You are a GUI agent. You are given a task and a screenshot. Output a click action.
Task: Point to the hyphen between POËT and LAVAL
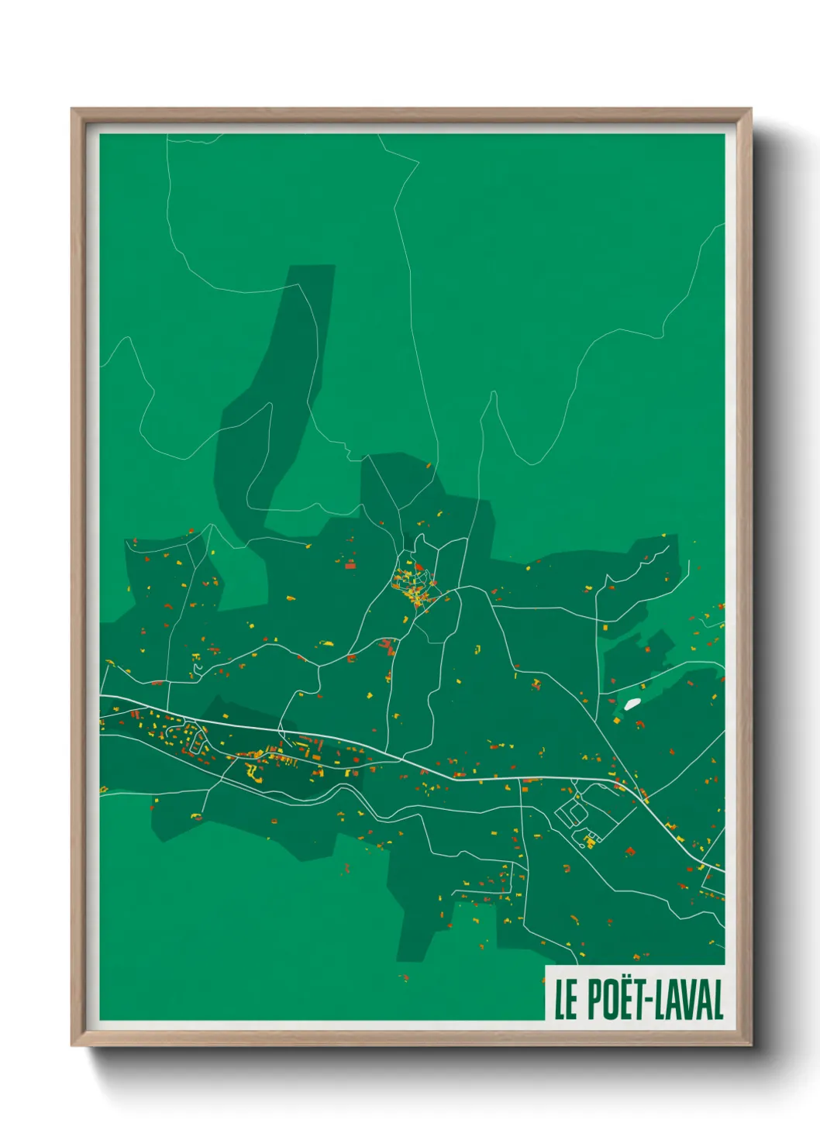[x=651, y=1001]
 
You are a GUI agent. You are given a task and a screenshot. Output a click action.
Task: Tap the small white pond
[x=632, y=704]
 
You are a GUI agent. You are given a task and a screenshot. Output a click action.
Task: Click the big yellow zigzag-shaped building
[x=253, y=771]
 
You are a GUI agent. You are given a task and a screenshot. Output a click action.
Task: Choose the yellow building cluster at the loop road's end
[x=590, y=840]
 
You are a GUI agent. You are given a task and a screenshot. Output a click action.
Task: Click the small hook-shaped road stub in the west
[x=197, y=667]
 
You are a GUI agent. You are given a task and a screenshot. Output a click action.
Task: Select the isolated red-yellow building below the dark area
[x=403, y=978]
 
